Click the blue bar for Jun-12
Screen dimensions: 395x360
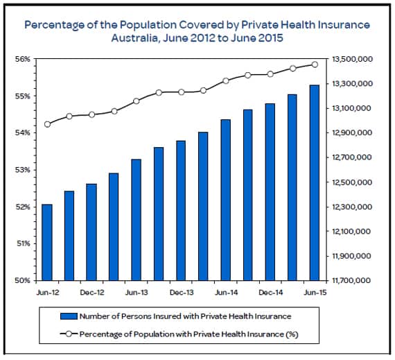coord(47,242)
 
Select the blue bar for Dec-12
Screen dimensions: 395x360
coord(91,232)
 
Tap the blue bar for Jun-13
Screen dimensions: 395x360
coord(137,220)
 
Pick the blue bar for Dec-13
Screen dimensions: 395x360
coord(181,210)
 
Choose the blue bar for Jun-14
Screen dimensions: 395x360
coord(226,200)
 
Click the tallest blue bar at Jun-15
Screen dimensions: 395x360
coord(315,182)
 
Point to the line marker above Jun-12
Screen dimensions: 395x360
coord(47,124)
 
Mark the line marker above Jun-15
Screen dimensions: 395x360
coord(315,65)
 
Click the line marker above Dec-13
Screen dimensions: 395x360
coord(182,92)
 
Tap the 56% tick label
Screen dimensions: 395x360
coord(22,59)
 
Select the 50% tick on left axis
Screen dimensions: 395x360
coord(22,280)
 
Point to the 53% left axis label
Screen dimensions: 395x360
coord(22,170)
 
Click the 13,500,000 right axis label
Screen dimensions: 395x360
coord(352,59)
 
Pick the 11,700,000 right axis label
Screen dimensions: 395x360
coord(351,280)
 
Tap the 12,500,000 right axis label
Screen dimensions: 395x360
coord(352,182)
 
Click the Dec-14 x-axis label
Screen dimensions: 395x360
coord(271,293)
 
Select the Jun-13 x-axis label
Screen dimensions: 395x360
coord(137,293)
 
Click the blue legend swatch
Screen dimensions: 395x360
coord(69,316)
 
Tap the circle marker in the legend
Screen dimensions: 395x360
coord(69,334)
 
